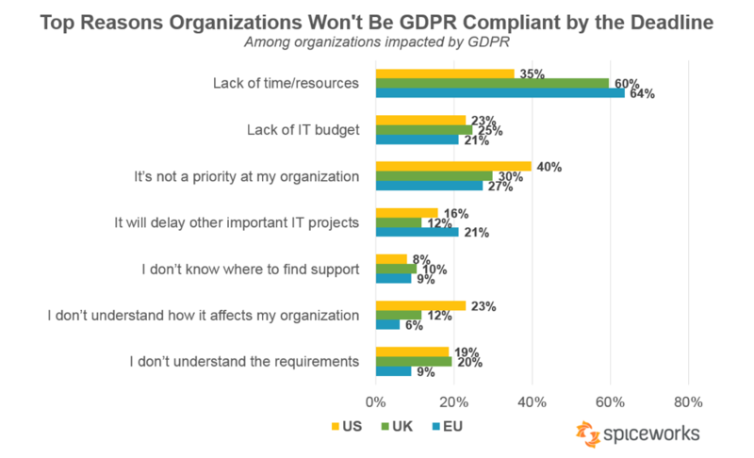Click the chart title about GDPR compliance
tap(377, 22)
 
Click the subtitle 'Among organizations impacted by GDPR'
tap(377, 42)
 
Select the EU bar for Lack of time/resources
tap(500, 92)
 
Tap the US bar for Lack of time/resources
tap(445, 73)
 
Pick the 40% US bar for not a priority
tap(453, 166)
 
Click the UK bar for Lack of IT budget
tap(423, 129)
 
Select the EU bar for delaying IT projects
tap(417, 232)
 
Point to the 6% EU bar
tap(387, 324)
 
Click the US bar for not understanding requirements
tap(413, 351)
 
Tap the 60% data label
tap(627, 83)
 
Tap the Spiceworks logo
tap(638, 433)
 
